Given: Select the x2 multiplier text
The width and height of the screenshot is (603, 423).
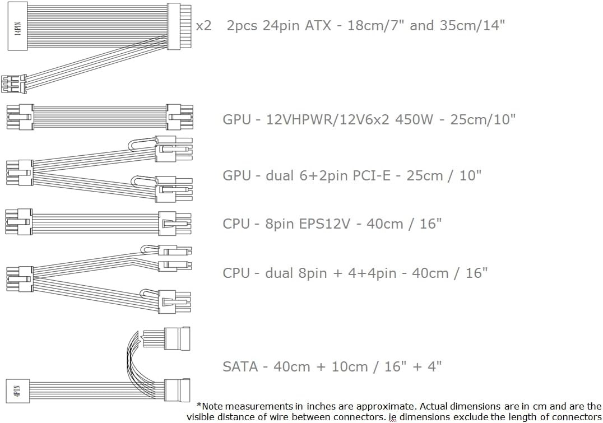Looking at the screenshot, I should tap(203, 26).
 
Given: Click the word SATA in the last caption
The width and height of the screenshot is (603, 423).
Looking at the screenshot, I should tap(240, 366).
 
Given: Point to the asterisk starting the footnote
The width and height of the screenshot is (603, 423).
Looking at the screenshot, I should tap(199, 405).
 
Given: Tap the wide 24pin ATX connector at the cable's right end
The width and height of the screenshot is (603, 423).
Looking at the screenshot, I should tap(178, 26).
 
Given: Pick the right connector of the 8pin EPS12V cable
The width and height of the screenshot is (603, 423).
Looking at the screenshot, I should tap(174, 224).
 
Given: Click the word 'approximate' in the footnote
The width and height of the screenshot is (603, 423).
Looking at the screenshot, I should tap(358, 406).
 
